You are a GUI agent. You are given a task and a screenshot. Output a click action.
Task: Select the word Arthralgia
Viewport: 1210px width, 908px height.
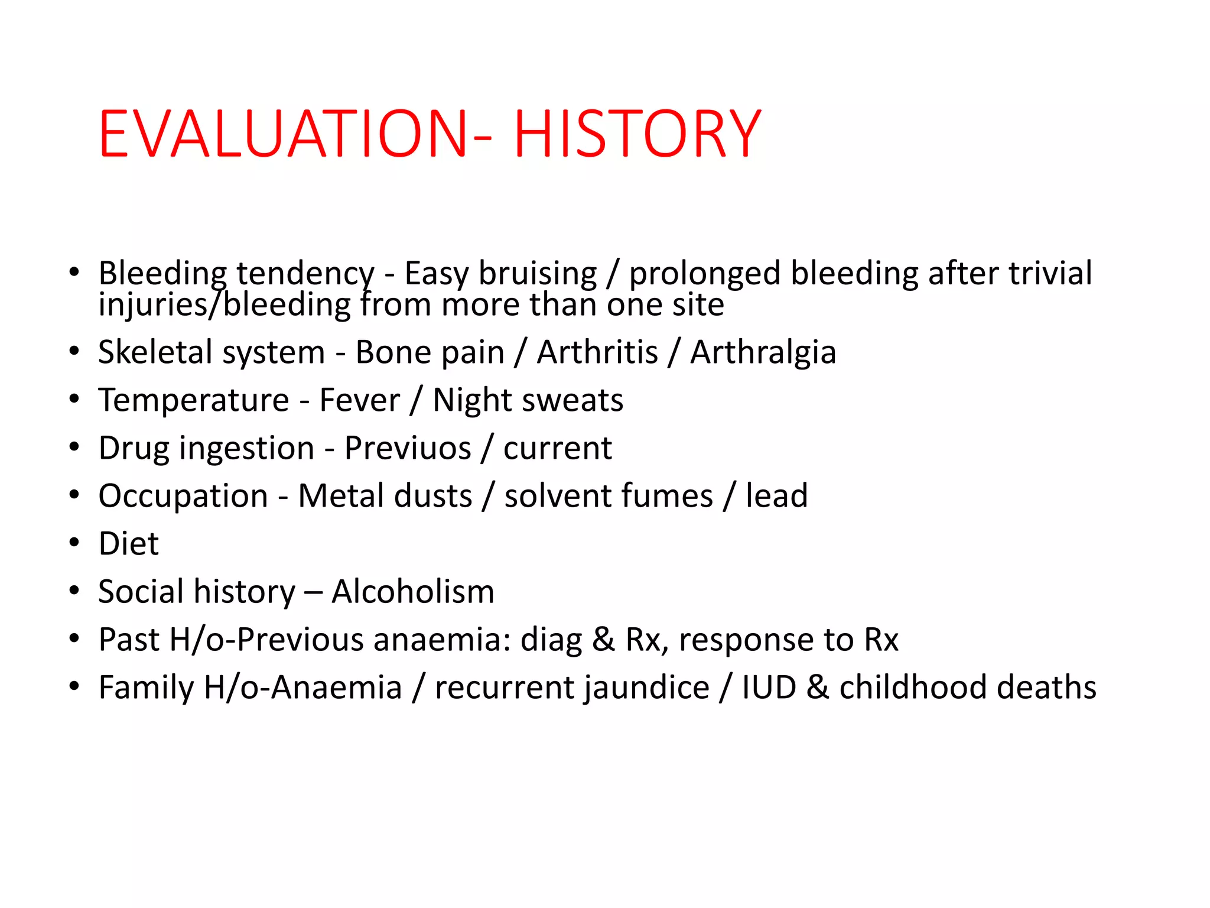pyautogui.click(x=763, y=353)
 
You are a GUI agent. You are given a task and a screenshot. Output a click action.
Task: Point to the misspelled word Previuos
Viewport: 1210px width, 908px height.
pyautogui.click(x=408, y=448)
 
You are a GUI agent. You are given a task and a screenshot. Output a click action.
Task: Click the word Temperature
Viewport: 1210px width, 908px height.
pyautogui.click(x=194, y=400)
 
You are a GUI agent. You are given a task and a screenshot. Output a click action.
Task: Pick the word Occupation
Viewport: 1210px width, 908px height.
pyautogui.click(x=183, y=496)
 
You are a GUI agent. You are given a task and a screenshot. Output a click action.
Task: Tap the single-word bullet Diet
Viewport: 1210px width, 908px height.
pyautogui.click(x=128, y=544)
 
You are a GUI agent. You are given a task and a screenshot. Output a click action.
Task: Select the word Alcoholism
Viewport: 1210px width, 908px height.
pyautogui.click(x=413, y=592)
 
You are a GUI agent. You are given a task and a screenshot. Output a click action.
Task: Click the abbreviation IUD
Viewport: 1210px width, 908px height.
pyautogui.click(x=769, y=688)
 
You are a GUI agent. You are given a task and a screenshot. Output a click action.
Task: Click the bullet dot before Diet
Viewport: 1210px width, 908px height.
pyautogui.click(x=74, y=543)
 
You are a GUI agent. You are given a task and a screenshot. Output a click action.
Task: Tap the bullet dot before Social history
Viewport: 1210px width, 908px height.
pyautogui.click(x=74, y=591)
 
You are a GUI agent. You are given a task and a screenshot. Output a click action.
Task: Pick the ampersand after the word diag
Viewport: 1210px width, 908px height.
pyautogui.click(x=603, y=640)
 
